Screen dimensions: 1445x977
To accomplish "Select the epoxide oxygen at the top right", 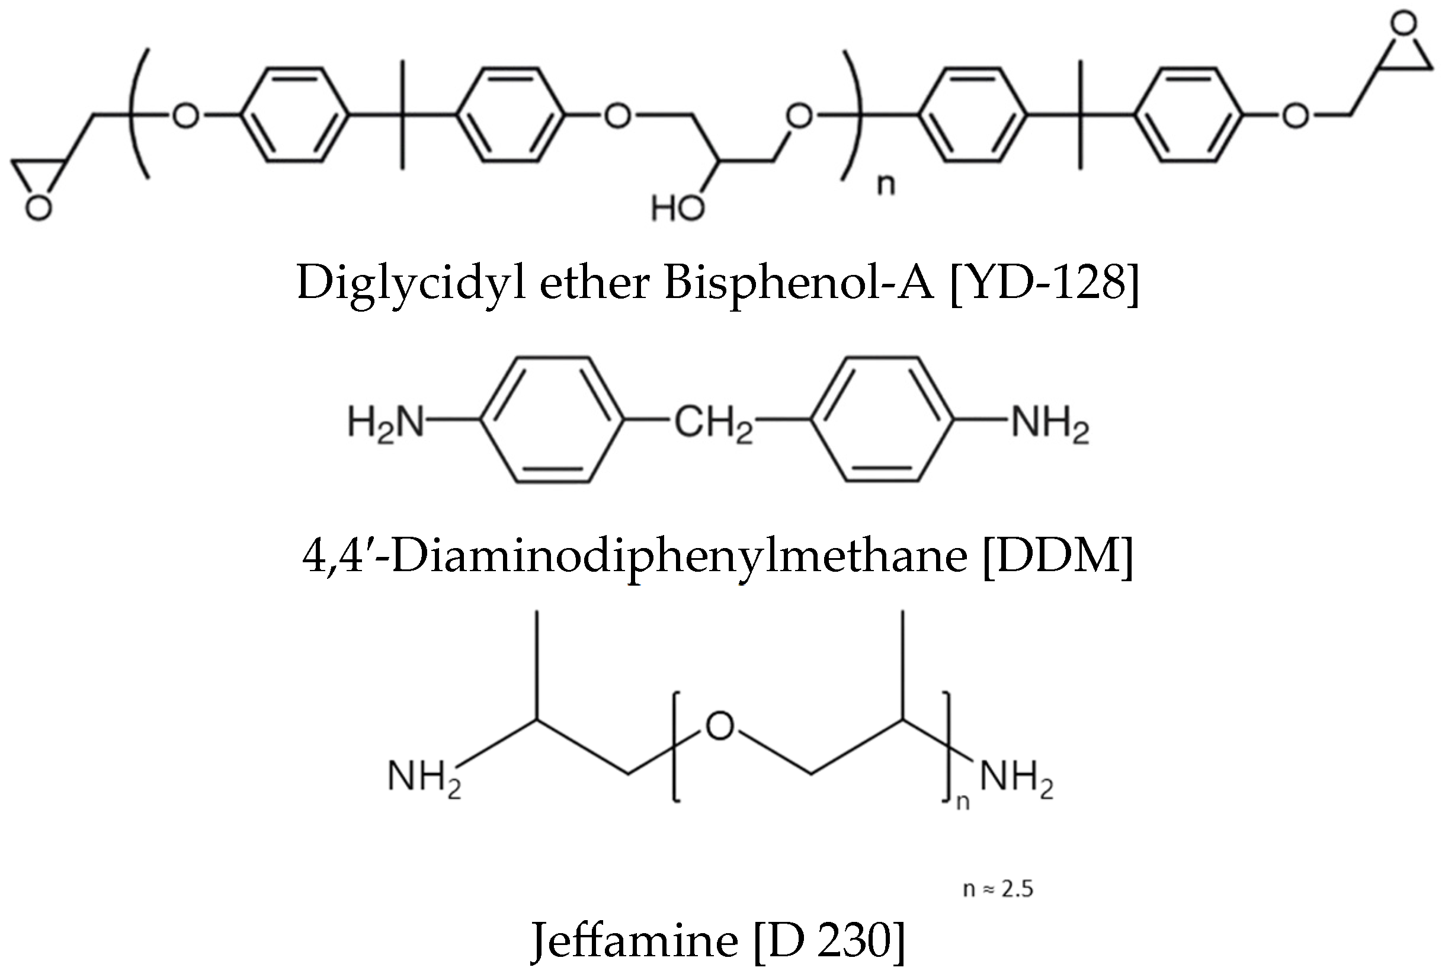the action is pyautogui.click(x=1404, y=24).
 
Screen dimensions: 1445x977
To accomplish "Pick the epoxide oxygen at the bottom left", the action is pyautogui.click(x=38, y=209).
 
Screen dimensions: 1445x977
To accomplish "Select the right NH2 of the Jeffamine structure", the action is pyautogui.click(x=1017, y=778).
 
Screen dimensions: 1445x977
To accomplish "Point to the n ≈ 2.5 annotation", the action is pyautogui.click(x=998, y=889).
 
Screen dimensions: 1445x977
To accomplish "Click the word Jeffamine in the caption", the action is pyautogui.click(x=634, y=940).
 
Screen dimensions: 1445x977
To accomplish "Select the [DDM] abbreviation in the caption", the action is pyautogui.click(x=1058, y=555).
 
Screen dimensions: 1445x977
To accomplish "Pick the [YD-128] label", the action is pyautogui.click(x=1044, y=284).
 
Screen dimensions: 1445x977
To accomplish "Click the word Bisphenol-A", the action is pyautogui.click(x=799, y=284).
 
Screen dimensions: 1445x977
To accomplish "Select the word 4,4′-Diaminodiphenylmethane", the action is pyautogui.click(x=634, y=555).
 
